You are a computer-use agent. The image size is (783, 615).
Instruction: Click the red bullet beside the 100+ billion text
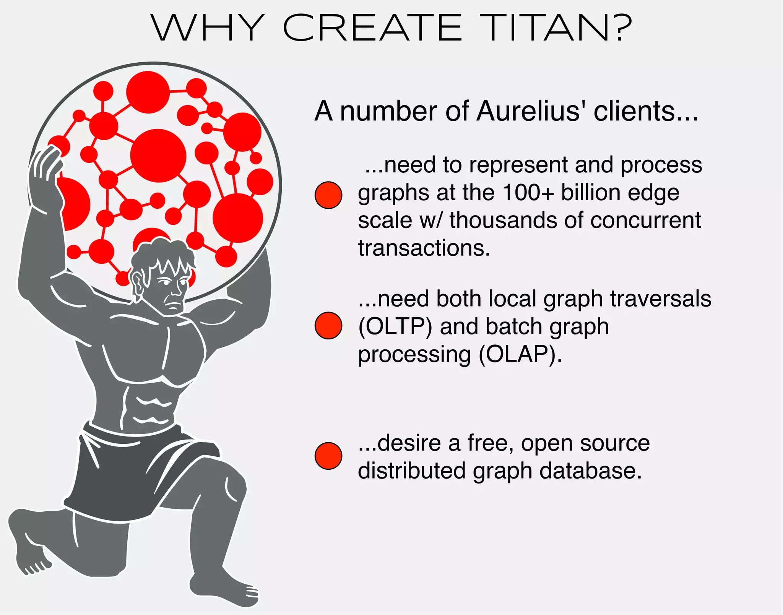(328, 195)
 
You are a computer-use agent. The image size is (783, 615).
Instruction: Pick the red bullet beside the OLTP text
(328, 326)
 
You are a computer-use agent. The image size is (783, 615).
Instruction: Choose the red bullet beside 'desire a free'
(328, 456)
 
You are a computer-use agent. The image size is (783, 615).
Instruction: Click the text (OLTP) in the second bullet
(395, 327)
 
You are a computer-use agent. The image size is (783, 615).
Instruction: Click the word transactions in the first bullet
(424, 248)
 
